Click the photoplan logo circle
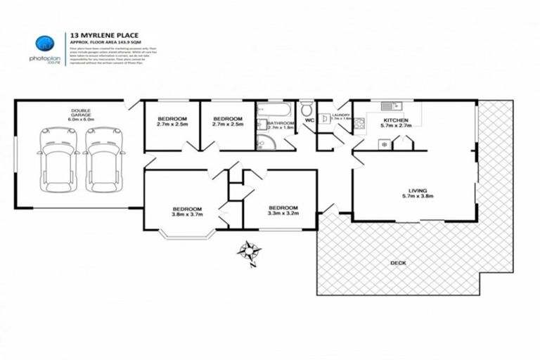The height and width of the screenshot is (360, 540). pyautogui.click(x=44, y=43)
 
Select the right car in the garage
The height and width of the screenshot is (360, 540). pyautogui.click(x=103, y=160)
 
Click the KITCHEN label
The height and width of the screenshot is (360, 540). pyautogui.click(x=394, y=120)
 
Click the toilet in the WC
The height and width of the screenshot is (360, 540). pyautogui.click(x=307, y=110)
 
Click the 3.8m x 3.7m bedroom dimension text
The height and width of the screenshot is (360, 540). pyautogui.click(x=188, y=215)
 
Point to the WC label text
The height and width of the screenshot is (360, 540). pyautogui.click(x=308, y=121)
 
